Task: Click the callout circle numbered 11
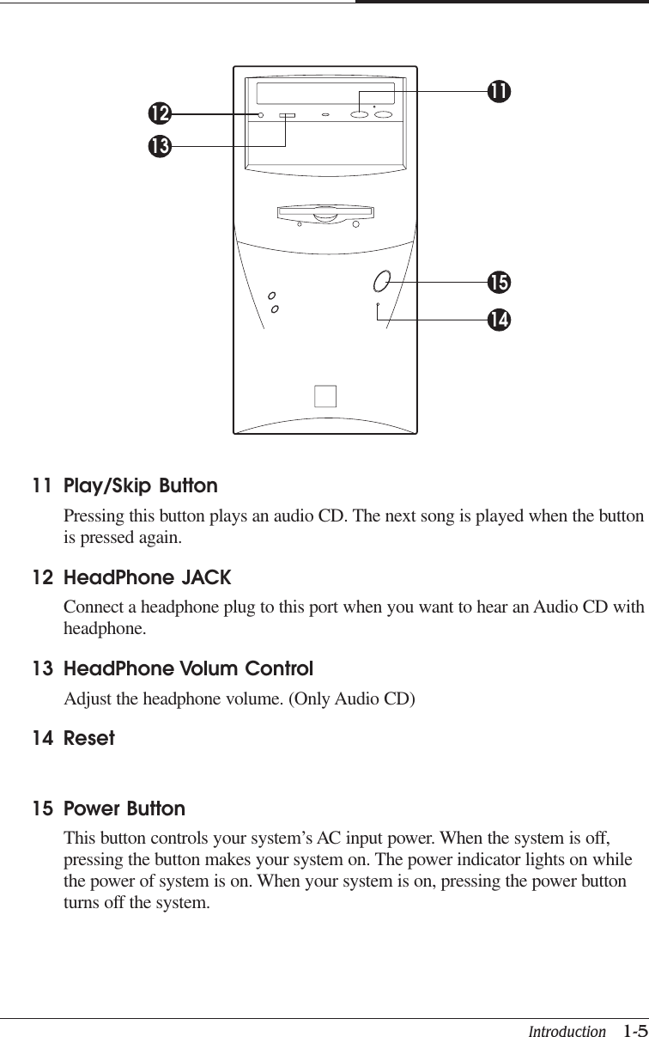tap(498, 90)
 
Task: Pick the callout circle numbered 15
tap(498, 282)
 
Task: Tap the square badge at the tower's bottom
tap(325, 396)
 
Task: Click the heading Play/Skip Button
tap(141, 486)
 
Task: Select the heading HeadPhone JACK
tap(148, 577)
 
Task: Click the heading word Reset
tap(89, 738)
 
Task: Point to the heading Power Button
tap(124, 808)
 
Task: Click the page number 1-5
tap(635, 1030)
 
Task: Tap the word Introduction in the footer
tap(567, 1031)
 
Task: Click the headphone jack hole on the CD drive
tap(260, 114)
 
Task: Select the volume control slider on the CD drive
tap(287, 114)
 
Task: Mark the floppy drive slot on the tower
tap(326, 210)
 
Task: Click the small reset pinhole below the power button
tap(378, 304)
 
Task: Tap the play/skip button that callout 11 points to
tap(360, 114)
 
